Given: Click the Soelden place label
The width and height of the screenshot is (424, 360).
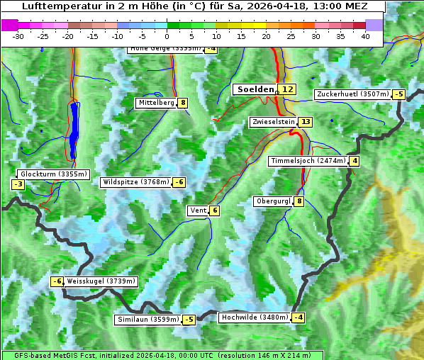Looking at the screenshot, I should click(254, 89).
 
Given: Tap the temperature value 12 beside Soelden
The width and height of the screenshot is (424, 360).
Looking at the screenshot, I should click(287, 89).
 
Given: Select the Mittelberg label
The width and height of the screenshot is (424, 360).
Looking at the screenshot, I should click(157, 103).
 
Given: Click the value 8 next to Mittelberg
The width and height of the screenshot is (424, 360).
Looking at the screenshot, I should click(183, 103).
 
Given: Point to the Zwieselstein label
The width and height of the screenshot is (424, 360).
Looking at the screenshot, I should click(273, 122).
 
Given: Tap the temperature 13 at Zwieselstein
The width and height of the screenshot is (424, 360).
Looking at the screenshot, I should click(306, 122).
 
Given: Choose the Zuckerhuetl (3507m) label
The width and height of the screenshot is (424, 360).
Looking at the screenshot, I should click(353, 94).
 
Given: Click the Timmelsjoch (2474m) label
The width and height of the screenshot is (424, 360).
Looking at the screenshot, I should click(308, 161).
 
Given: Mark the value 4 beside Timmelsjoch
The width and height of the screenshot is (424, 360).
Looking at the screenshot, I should click(355, 161).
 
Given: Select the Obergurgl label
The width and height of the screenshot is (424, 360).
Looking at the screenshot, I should click(273, 201).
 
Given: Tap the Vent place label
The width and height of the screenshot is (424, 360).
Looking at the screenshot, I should click(198, 210).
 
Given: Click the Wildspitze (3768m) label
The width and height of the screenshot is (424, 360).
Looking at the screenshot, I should click(136, 182).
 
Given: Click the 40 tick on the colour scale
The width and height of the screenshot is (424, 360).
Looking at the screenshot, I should click(365, 36).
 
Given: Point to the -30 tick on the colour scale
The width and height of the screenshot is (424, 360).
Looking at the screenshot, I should click(18, 36).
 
